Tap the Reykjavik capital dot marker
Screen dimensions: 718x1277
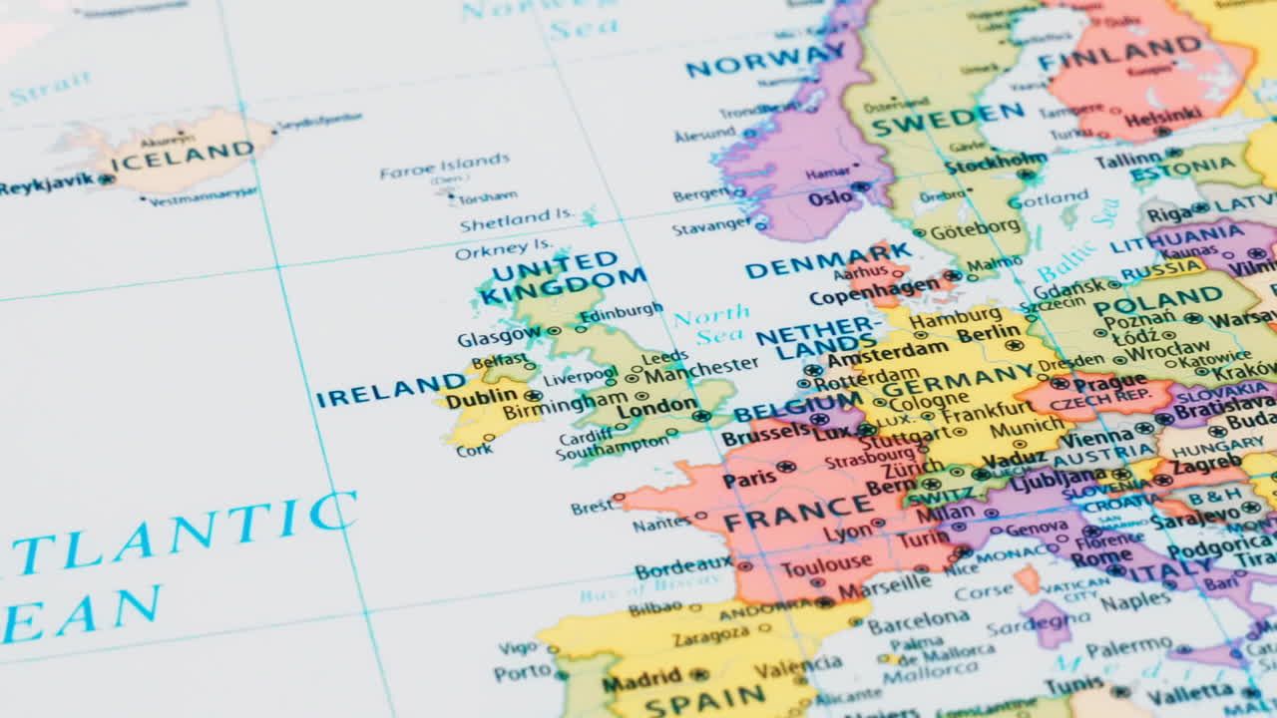tap(106, 179)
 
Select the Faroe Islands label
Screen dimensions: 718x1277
tap(444, 166)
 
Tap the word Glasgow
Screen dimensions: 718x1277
tap(499, 337)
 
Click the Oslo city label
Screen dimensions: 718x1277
tap(830, 197)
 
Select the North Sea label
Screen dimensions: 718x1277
tap(710, 326)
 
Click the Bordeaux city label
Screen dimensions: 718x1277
tap(683, 568)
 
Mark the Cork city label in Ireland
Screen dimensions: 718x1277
tap(475, 450)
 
